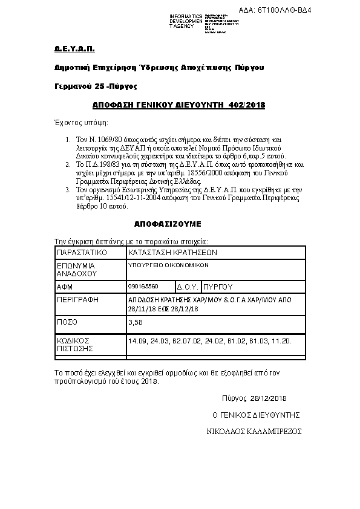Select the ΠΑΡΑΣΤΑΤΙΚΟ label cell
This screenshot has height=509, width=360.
tap(82, 252)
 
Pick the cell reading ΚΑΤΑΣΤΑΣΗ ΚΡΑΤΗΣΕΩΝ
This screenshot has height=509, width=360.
tap(172, 252)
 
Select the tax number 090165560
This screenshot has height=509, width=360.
tap(143, 286)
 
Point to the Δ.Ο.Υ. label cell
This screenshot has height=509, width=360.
tap(187, 287)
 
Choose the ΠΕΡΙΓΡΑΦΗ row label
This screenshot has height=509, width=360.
tap(77, 299)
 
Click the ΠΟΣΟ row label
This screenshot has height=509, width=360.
tap(67, 323)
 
